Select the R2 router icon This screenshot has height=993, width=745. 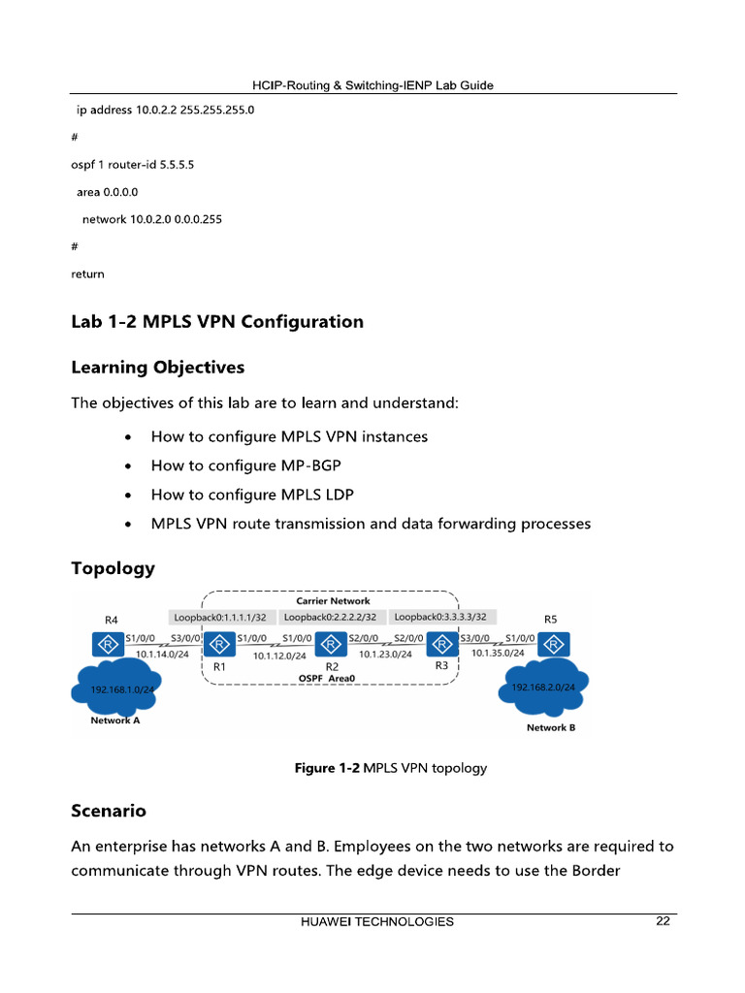point(333,644)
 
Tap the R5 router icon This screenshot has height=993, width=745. point(554,644)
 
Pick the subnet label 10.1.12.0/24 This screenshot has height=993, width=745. point(279,657)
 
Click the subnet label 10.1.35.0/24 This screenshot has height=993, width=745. point(498,654)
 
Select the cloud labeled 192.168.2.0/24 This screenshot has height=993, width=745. point(544,687)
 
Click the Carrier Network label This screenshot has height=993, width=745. point(332,601)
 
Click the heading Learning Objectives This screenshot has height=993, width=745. point(157,368)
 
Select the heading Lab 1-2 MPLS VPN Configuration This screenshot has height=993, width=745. point(217,322)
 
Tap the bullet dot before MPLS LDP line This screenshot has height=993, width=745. point(129,496)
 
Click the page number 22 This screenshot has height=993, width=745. point(663,921)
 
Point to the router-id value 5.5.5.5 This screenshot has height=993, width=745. point(177,165)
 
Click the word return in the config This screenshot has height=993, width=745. point(87,274)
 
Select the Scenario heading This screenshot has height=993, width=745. point(109,810)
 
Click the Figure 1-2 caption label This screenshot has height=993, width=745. point(328,768)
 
